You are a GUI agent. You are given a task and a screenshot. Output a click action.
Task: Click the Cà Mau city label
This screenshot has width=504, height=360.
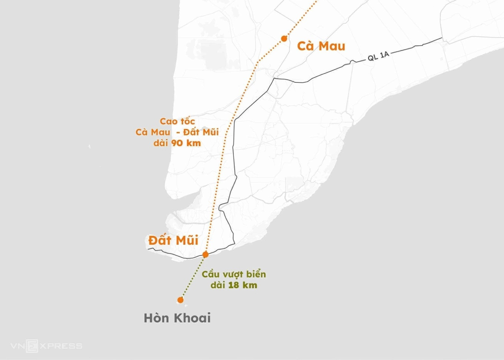(321, 46)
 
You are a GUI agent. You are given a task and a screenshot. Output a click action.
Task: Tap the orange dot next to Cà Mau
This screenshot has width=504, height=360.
(284, 39)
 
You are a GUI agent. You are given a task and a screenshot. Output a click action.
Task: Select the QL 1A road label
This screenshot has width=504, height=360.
(378, 56)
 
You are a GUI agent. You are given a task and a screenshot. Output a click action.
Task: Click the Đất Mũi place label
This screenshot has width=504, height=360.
(173, 240)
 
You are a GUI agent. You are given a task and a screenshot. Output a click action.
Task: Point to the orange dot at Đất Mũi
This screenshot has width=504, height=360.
(206, 255)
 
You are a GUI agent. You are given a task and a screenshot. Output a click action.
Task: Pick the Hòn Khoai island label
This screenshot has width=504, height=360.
(177, 318)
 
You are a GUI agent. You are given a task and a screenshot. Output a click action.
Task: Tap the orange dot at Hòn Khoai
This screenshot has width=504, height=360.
(180, 300)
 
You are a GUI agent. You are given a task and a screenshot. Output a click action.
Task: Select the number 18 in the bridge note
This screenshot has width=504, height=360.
(233, 285)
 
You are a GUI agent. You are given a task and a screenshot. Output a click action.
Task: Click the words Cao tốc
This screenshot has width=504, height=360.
(177, 121)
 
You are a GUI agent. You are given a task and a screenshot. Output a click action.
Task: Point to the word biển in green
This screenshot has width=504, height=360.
(257, 274)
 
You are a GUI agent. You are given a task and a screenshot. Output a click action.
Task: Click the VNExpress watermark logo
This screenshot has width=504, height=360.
(46, 346)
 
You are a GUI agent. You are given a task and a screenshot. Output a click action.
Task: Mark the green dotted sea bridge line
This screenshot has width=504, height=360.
(193, 278)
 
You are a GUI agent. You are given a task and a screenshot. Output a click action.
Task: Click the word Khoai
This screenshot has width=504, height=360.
(192, 318)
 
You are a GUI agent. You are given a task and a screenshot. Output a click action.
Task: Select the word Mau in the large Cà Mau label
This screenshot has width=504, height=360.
(332, 46)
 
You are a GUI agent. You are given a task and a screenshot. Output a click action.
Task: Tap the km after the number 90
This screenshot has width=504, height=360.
(193, 143)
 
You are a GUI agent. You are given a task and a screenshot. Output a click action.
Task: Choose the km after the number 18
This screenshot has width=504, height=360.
(250, 285)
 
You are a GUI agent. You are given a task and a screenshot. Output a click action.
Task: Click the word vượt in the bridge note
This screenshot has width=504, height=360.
(233, 275)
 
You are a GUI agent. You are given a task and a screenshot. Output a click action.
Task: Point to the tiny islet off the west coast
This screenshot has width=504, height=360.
(89, 146)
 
